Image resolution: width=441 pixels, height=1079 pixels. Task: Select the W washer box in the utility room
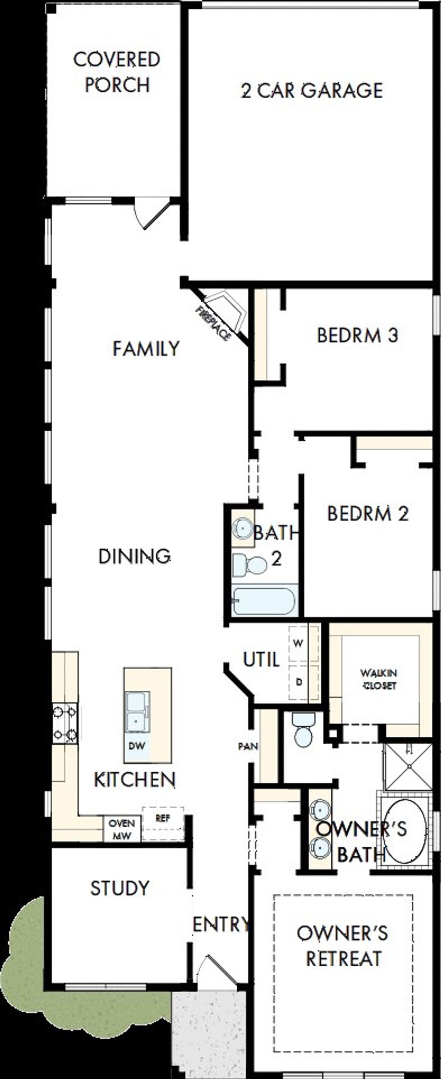tap(298, 643)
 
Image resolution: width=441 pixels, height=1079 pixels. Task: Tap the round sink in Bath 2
tap(242, 528)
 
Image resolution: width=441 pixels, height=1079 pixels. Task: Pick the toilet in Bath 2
tap(250, 565)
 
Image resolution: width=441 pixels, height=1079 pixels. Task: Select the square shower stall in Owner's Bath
tap(408, 767)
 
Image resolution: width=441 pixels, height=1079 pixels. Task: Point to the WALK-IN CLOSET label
tap(379, 679)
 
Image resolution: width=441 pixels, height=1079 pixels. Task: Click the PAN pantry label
tap(248, 746)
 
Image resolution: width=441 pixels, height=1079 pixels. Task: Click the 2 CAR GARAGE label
tap(312, 91)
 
